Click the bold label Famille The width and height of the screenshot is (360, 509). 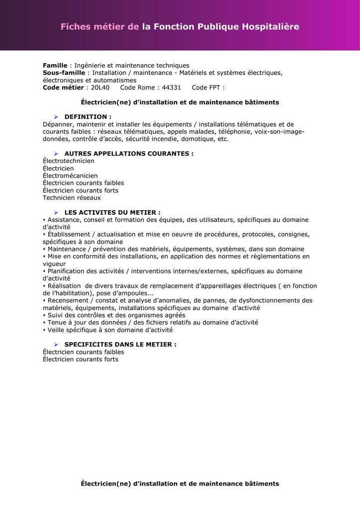[55, 66]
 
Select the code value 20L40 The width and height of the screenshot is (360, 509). [100, 87]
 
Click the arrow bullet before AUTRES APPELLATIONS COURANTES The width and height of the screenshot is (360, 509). [56, 154]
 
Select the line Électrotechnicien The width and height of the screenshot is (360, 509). [69, 161]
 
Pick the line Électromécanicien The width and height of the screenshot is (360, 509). [70, 175]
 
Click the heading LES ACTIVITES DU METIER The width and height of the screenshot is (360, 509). [112, 212]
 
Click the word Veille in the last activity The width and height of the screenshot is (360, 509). [56, 330]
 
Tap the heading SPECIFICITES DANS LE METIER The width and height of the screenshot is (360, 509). [120, 344]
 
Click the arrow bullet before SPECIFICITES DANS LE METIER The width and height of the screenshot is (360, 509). [56, 344]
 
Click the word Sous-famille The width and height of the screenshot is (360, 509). [64, 73]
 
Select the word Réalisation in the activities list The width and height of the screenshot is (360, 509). [64, 286]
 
